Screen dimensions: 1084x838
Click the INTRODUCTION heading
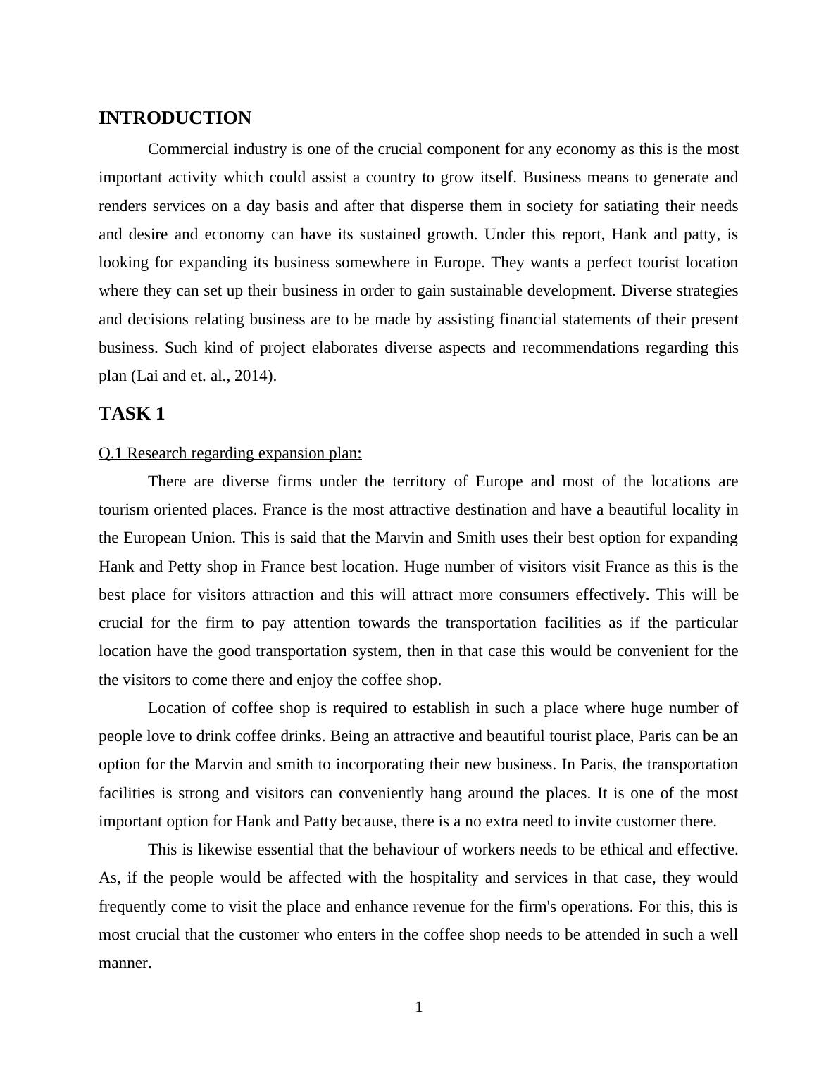click(175, 118)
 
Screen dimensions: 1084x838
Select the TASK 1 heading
click(132, 414)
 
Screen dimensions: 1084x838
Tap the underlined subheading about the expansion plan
click(230, 453)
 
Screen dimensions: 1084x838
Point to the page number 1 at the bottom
click(419, 1008)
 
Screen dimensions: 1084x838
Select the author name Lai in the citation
click(146, 376)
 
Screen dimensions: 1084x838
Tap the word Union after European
click(213, 538)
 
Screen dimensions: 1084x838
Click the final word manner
click(125, 963)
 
